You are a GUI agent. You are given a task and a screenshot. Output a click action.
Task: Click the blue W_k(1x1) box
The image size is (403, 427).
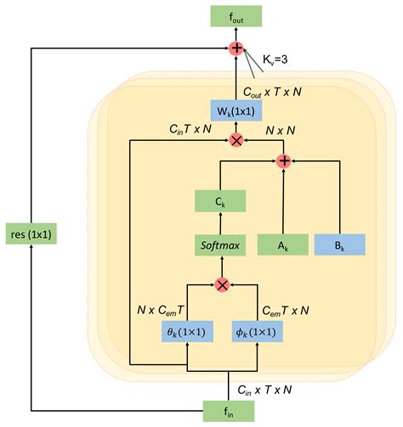(236, 110)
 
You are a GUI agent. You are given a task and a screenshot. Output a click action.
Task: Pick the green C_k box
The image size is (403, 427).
(220, 202)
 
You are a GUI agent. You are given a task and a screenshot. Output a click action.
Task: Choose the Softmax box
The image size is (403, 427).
(220, 245)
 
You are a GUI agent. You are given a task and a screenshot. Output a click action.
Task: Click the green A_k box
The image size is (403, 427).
(282, 244)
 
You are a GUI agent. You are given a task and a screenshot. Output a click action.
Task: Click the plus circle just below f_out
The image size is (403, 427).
(236, 49)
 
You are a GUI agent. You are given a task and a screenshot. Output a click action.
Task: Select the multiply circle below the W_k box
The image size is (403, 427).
(236, 139)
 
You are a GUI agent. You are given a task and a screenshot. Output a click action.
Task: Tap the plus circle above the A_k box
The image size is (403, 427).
(282, 160)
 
